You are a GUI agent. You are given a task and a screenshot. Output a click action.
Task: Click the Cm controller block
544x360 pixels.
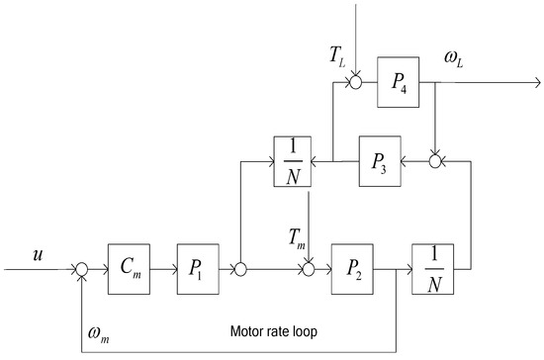pyautogui.click(x=129, y=267)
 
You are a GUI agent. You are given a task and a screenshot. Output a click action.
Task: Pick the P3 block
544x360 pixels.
pyautogui.click(x=380, y=157)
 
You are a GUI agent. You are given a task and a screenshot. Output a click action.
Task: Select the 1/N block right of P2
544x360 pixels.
pyautogui.click(x=431, y=267)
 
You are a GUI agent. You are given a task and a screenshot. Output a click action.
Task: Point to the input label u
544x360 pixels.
pyautogui.click(x=40, y=255)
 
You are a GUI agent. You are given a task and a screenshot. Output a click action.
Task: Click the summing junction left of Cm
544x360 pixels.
pyautogui.click(x=82, y=268)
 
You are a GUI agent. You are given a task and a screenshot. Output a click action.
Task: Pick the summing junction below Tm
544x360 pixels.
pyautogui.click(x=310, y=268)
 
